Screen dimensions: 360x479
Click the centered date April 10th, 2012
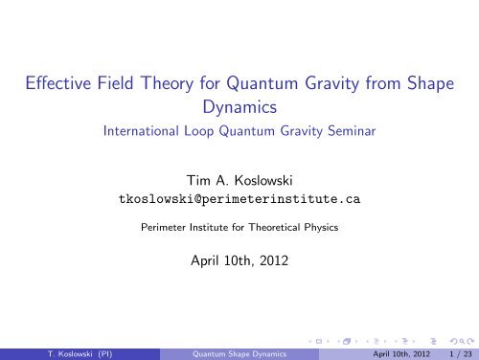point(239,258)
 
